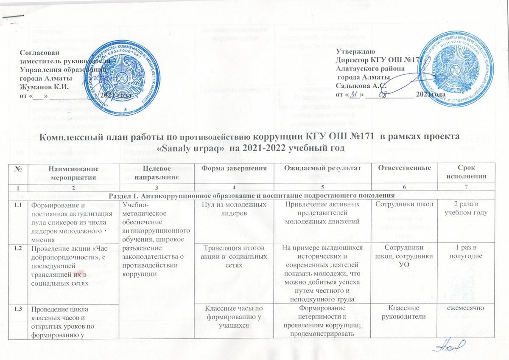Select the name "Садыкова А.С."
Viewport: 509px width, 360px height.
tap(356, 86)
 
